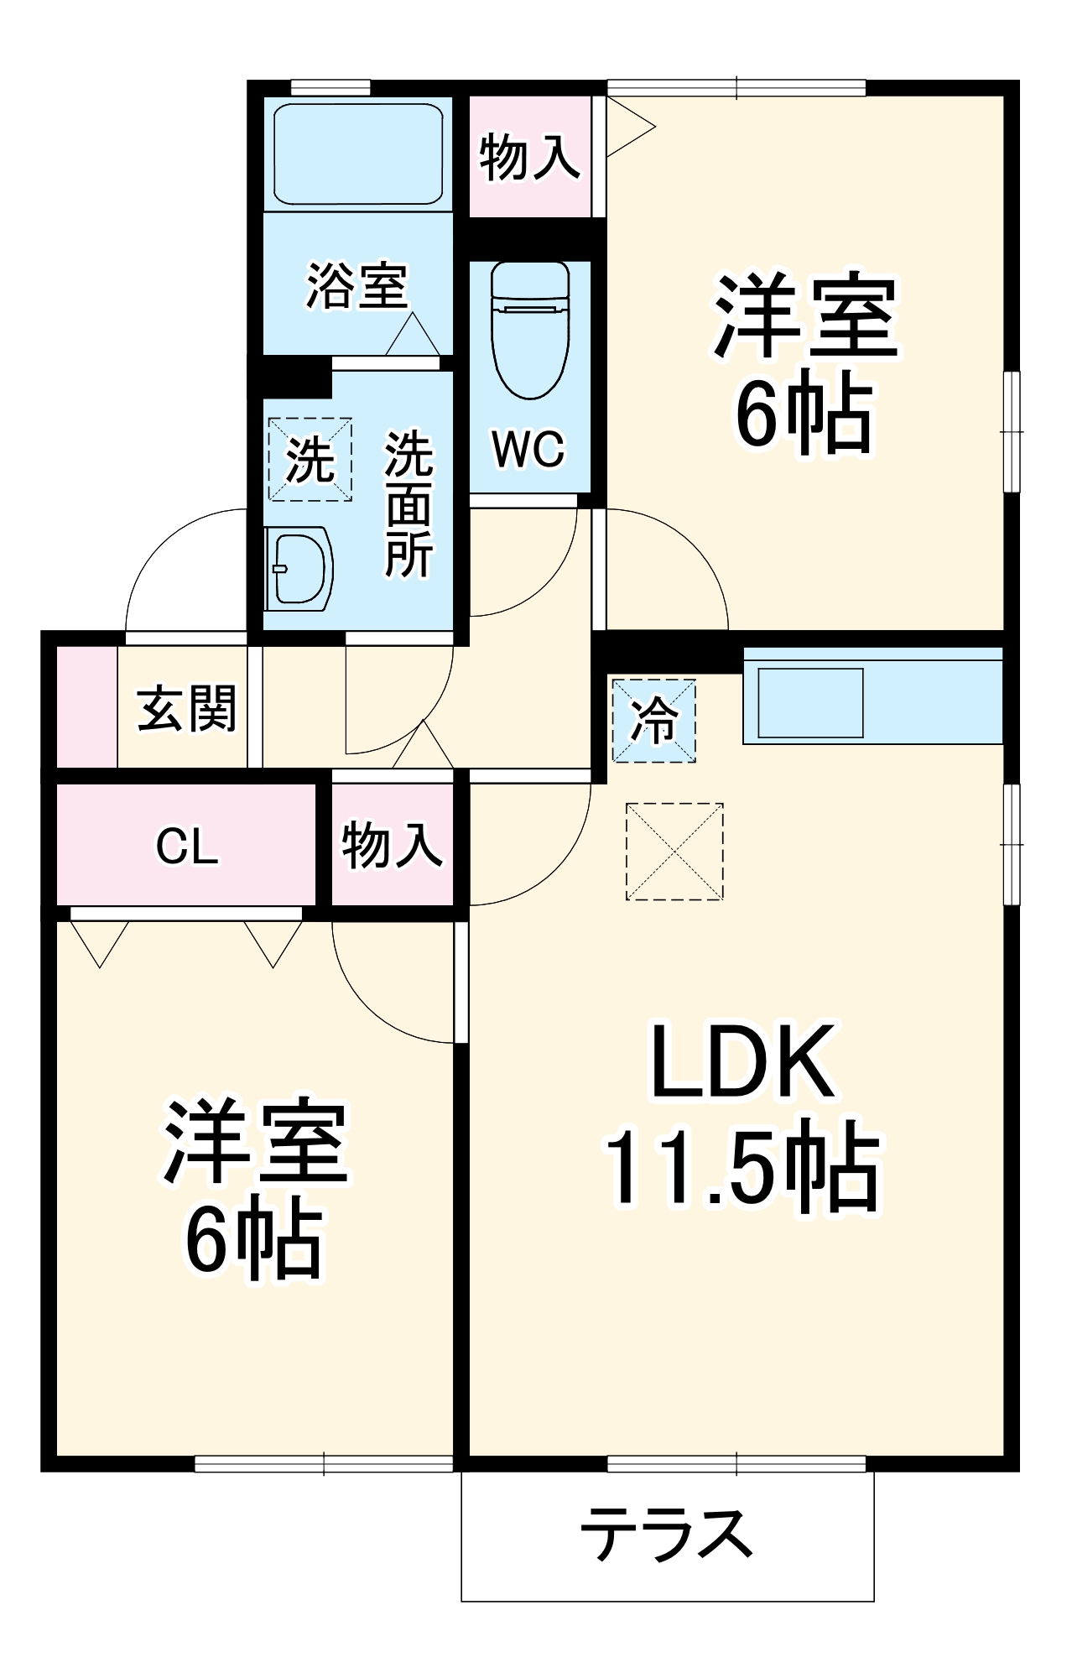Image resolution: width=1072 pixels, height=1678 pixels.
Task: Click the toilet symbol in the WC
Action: [x=530, y=331]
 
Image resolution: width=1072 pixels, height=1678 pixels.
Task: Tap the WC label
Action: [x=528, y=450]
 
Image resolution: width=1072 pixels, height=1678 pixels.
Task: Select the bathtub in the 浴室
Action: [x=358, y=154]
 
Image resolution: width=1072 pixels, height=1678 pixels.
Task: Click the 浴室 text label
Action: [x=357, y=286]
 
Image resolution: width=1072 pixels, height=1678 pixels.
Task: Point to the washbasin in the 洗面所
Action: [x=299, y=568]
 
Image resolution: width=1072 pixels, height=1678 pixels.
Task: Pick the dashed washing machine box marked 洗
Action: [x=310, y=459]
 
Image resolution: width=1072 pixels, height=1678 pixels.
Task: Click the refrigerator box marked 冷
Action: [x=653, y=721]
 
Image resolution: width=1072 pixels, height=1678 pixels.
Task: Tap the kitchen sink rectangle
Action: [x=810, y=702]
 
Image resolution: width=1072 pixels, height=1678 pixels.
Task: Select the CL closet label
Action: [x=187, y=847]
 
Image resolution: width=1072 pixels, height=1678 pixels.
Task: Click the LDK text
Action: [x=742, y=1061]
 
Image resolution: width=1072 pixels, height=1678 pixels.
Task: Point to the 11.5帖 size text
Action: [x=742, y=1167]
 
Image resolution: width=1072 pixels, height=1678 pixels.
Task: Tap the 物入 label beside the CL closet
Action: [x=392, y=845]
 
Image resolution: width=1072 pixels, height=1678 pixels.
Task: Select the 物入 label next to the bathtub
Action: [x=529, y=157]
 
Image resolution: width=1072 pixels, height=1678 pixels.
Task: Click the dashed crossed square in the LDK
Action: [x=674, y=852]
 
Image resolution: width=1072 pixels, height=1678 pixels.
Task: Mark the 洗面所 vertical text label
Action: [x=409, y=505]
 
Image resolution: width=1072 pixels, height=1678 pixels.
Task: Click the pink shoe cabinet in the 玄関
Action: [x=86, y=706]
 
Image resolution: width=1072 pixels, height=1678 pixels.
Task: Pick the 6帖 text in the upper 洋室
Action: [x=804, y=412]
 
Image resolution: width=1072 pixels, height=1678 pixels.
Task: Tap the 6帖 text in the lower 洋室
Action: [x=253, y=1241]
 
